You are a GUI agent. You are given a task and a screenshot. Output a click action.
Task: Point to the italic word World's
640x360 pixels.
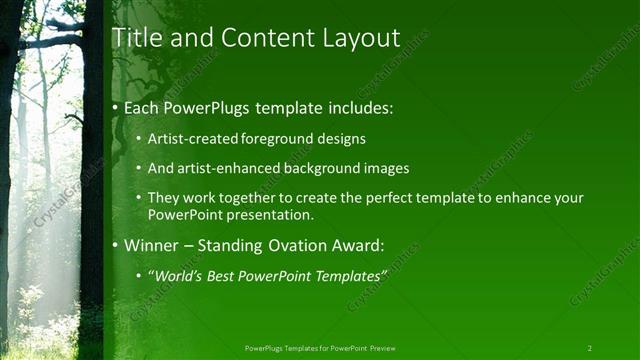[177, 275]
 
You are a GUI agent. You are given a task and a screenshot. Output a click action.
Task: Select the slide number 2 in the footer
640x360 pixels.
[589, 348]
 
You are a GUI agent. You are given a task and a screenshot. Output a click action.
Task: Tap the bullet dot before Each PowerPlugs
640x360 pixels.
[116, 107]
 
